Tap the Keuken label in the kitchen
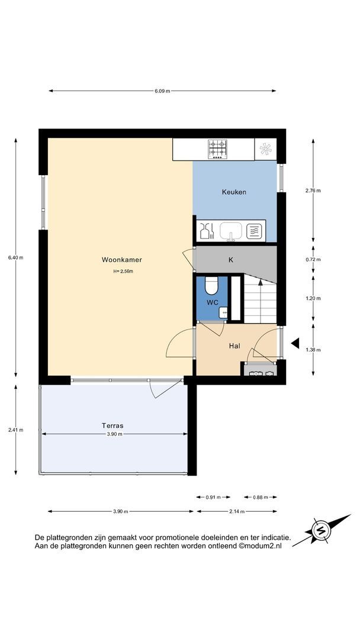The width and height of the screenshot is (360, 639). pyautogui.click(x=234, y=192)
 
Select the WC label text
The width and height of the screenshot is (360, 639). pyautogui.click(x=213, y=302)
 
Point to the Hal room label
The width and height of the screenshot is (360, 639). pyautogui.click(x=234, y=346)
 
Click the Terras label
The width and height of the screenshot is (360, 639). pyautogui.click(x=112, y=425)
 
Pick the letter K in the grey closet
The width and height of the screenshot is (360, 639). pyautogui.click(x=231, y=260)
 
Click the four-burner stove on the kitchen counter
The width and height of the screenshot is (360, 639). pyautogui.click(x=218, y=149)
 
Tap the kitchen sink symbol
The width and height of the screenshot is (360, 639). pyautogui.click(x=231, y=231)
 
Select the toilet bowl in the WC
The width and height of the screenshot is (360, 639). pyautogui.click(x=211, y=285)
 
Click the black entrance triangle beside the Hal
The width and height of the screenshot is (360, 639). pyautogui.click(x=295, y=343)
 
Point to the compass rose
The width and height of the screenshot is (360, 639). pyautogui.click(x=320, y=530)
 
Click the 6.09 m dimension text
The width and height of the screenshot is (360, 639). pyautogui.click(x=162, y=91)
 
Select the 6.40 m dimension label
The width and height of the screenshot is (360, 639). pyautogui.click(x=15, y=257)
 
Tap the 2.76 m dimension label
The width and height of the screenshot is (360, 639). pyautogui.click(x=313, y=191)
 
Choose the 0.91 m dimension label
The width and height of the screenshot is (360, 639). pyautogui.click(x=213, y=497)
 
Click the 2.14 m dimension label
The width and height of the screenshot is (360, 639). pyautogui.click(x=236, y=511)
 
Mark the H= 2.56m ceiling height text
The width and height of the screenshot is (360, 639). pyautogui.click(x=123, y=271)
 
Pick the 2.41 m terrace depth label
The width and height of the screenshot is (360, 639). pyautogui.click(x=15, y=430)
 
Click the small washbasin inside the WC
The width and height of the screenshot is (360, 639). pyautogui.click(x=223, y=312)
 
